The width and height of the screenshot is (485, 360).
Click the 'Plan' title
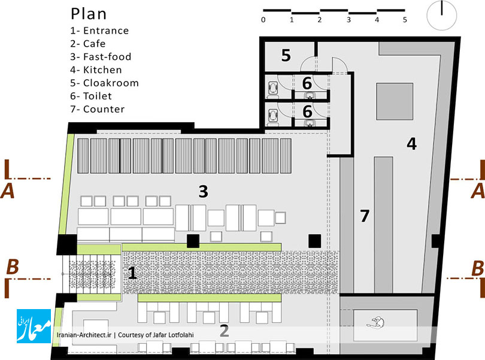pyautogui.click(x=89, y=14)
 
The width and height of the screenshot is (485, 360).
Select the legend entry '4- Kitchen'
pyautogui.click(x=96, y=70)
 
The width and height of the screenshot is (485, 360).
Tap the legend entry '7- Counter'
pyautogui.click(x=98, y=109)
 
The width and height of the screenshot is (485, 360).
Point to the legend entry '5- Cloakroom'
pyautogui.click(x=104, y=83)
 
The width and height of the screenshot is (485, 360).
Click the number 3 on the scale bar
pyautogui.click(x=348, y=20)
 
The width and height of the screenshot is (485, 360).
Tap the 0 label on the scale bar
pyautogui.click(x=263, y=20)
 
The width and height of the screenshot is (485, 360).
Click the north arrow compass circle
pyautogui.click(x=442, y=16)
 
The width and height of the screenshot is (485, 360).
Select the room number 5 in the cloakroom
pyautogui.click(x=286, y=56)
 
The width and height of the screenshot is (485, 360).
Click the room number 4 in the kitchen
pyautogui.click(x=412, y=144)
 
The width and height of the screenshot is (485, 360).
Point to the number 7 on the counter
pyautogui.click(x=365, y=216)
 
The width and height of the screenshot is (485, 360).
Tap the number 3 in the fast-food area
pyautogui.click(x=203, y=191)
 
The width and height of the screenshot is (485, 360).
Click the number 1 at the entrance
pyautogui.click(x=132, y=273)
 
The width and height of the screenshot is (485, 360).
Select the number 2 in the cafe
pyautogui.click(x=225, y=331)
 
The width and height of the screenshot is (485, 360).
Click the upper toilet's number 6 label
pyautogui.click(x=307, y=83)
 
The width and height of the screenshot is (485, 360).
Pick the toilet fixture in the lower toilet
pyautogui.click(x=273, y=116)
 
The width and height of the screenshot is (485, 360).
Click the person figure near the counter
pyautogui.click(x=376, y=322)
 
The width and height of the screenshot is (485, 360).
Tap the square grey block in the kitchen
pyautogui.click(x=395, y=101)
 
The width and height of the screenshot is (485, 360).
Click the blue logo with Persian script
pyautogui.click(x=34, y=326)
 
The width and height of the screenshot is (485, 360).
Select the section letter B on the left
pyautogui.click(x=13, y=267)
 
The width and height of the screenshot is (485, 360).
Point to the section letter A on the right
pyautogui.click(x=477, y=191)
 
